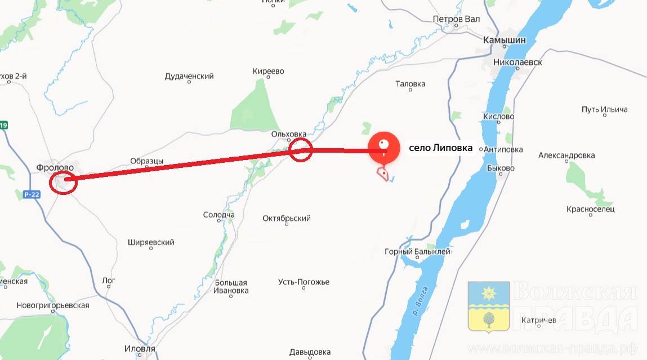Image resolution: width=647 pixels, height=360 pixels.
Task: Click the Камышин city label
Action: click(505, 40)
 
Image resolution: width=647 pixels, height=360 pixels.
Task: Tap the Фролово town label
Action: click(55, 167)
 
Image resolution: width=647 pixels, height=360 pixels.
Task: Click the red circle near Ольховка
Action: click(300, 150)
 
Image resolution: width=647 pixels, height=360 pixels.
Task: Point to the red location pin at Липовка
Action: click(383, 147)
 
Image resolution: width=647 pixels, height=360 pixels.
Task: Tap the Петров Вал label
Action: click(456, 19)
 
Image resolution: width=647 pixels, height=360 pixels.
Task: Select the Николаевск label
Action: click(517, 62)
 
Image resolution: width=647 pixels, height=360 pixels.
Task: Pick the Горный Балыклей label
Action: click(417, 252)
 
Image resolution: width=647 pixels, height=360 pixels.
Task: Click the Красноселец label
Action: click(591, 209)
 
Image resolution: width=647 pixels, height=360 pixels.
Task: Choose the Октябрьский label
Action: click(287, 218)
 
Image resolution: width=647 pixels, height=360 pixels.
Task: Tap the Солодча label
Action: click(218, 215)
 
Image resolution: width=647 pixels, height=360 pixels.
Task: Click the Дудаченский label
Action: click(189, 76)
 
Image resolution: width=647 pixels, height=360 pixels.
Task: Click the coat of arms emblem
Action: click(488, 306)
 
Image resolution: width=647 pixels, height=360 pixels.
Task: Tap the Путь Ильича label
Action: click(604, 109)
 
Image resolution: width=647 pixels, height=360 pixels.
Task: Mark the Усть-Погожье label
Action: click(304, 282)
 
